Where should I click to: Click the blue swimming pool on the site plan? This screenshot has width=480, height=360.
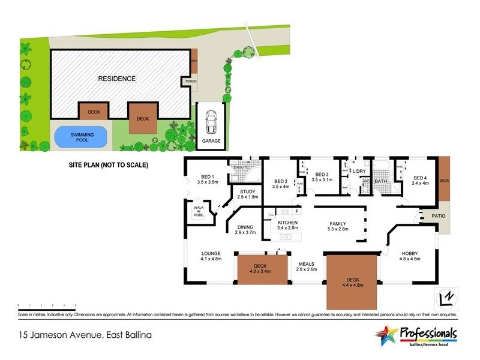tap(83, 137)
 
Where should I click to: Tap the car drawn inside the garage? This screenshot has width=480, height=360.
tap(211, 123)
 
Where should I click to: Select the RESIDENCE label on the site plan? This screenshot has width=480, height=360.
tap(117, 79)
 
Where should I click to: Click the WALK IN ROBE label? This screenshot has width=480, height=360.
tap(198, 212)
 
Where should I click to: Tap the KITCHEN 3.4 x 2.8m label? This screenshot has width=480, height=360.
tap(287, 225)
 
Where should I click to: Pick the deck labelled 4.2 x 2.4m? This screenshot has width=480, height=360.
tap(260, 269)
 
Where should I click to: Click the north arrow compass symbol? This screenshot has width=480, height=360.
tap(445, 298)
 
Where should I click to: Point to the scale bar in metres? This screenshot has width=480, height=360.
tap(46, 305)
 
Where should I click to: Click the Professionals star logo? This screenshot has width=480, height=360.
tap(386, 334)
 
